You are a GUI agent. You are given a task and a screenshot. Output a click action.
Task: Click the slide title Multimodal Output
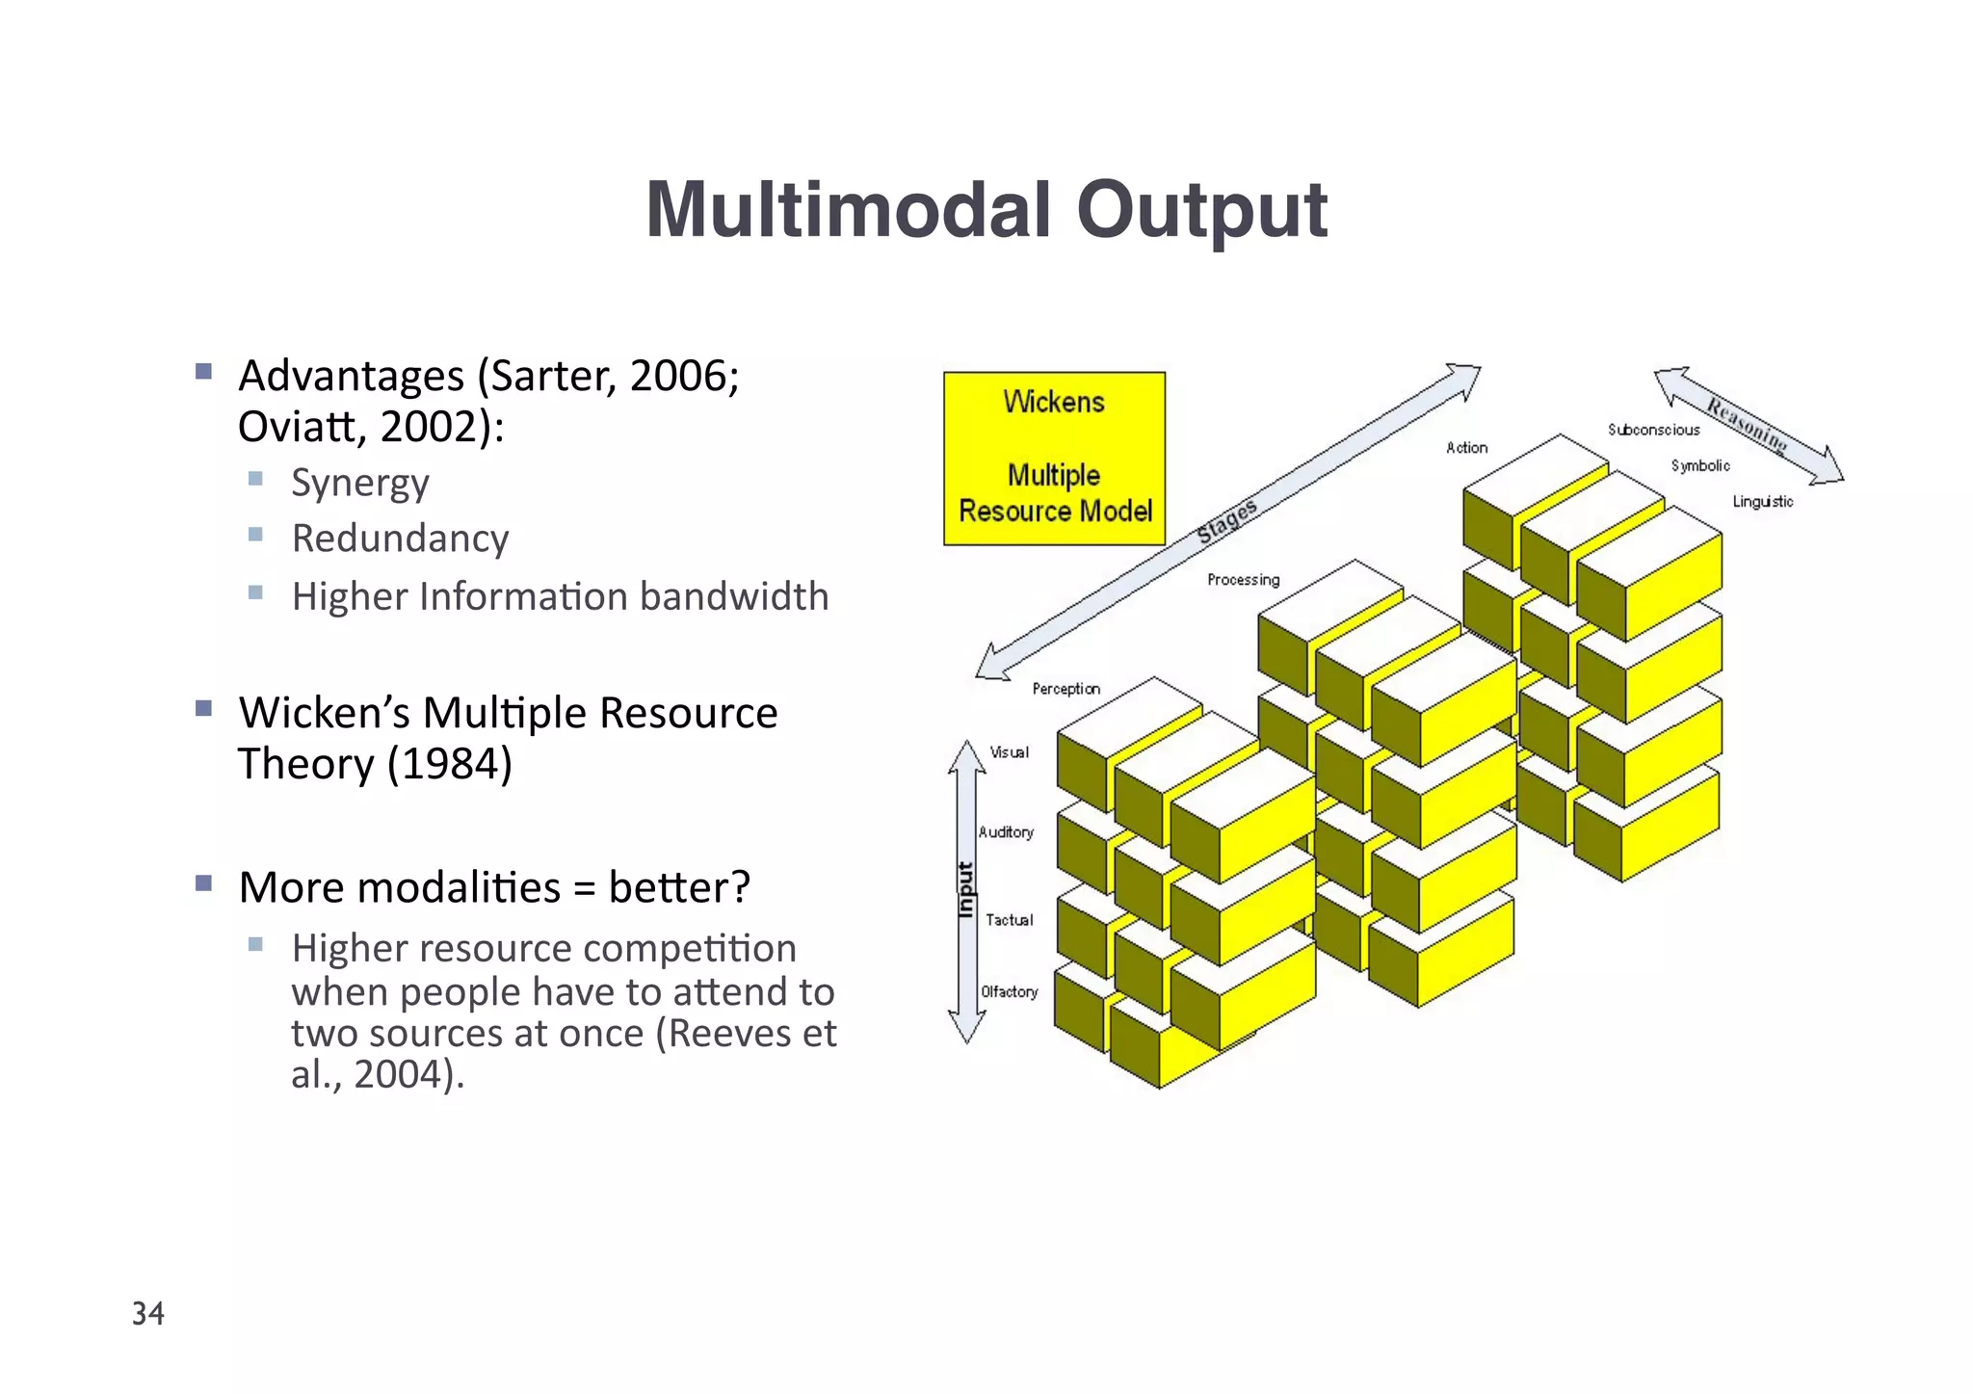(x=986, y=210)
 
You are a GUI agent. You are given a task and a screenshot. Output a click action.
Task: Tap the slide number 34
(x=148, y=1313)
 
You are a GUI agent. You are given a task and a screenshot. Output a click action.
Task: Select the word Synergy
(x=360, y=483)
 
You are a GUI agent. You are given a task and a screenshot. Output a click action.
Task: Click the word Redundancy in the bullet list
(x=400, y=539)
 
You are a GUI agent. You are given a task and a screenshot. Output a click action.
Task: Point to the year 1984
(x=450, y=764)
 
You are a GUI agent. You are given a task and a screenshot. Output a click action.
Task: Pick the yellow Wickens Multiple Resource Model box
(x=1054, y=459)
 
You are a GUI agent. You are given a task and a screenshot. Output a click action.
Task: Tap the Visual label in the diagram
(x=1009, y=752)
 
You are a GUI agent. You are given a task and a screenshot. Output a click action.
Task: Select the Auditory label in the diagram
(x=1006, y=831)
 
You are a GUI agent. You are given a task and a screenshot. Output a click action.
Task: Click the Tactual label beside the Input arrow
(x=1009, y=920)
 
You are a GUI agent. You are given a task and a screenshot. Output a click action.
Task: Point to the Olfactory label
(x=1009, y=991)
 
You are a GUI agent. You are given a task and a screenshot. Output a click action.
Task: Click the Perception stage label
(x=1065, y=689)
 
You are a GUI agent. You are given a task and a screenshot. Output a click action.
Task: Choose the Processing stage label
(x=1243, y=580)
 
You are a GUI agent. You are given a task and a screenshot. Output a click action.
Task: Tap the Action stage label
(x=1466, y=448)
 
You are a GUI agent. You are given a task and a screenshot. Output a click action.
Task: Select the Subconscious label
(x=1653, y=430)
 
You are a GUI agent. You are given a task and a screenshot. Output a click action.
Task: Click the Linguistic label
(x=1762, y=501)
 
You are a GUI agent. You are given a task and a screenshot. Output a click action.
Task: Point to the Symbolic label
(x=1699, y=465)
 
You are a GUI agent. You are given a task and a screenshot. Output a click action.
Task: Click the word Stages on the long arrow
(x=1226, y=521)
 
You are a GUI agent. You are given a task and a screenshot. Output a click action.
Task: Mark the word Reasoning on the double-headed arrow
(x=1747, y=424)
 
